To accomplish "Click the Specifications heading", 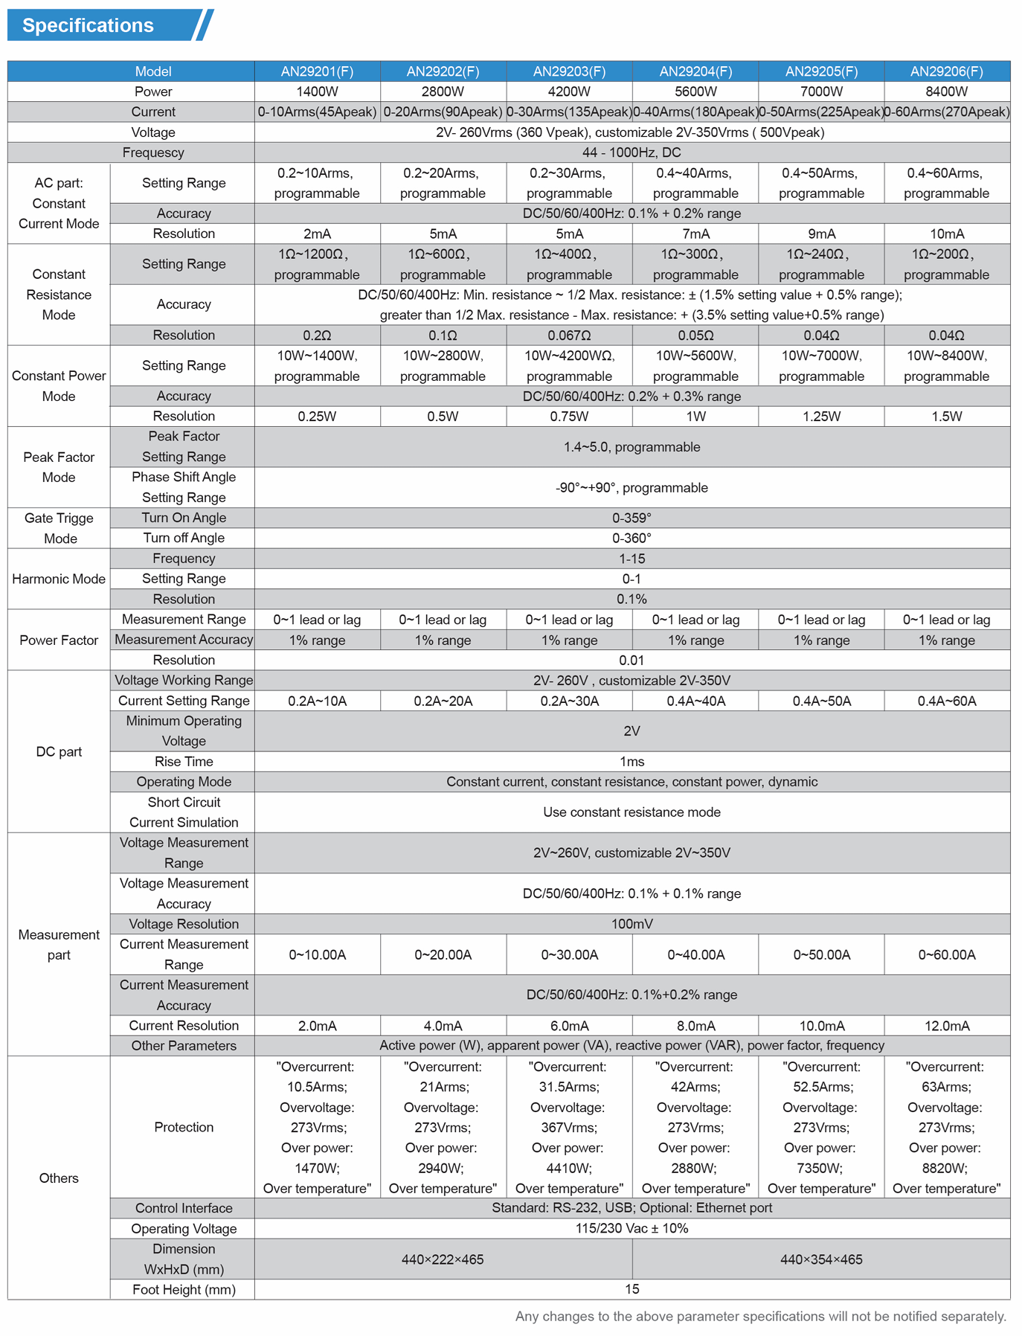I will pyautogui.click(x=88, y=25).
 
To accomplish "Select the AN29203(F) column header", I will pyautogui.click(x=569, y=71).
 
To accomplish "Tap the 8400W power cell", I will pyautogui.click(x=946, y=91).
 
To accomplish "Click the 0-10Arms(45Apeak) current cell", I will pyautogui.click(x=317, y=112).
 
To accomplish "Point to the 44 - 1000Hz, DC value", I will pyautogui.click(x=631, y=152).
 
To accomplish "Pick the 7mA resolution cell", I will pyautogui.click(x=695, y=234).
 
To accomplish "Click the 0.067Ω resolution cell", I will pyautogui.click(x=569, y=335).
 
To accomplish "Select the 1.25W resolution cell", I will pyautogui.click(x=821, y=417).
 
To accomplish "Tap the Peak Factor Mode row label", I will pyautogui.click(x=59, y=467).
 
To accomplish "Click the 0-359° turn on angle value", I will pyautogui.click(x=631, y=518).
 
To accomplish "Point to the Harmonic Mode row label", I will pyautogui.click(x=59, y=579).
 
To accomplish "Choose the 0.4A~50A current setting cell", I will pyautogui.click(x=821, y=701).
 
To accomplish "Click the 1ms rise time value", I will pyautogui.click(x=631, y=762).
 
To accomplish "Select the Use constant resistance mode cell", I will pyautogui.click(x=631, y=812).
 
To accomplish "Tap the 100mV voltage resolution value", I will pyautogui.click(x=631, y=924).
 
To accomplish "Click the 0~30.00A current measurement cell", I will pyautogui.click(x=569, y=954).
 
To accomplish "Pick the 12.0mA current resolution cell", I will pyautogui.click(x=946, y=1026).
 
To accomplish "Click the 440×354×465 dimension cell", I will pyautogui.click(x=821, y=1259).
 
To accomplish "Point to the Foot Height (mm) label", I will pyautogui.click(x=184, y=1290).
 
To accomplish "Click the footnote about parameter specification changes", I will pyautogui.click(x=760, y=1317).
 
